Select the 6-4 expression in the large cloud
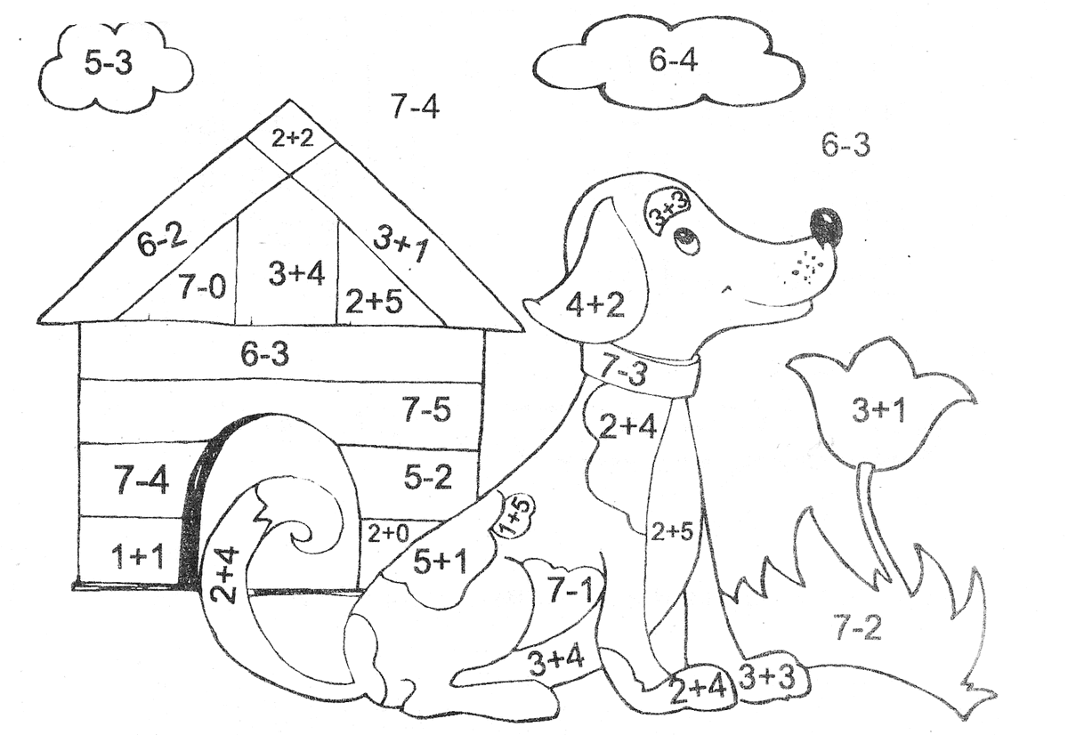(673, 61)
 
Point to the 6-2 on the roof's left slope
(162, 240)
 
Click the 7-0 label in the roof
(201, 287)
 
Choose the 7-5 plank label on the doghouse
(426, 410)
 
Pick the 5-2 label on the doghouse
(427, 478)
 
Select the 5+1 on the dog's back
(440, 561)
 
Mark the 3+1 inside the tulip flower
(878, 411)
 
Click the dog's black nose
(827, 225)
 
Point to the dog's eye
(685, 238)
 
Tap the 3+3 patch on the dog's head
(669, 212)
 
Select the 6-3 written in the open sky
(845, 145)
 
